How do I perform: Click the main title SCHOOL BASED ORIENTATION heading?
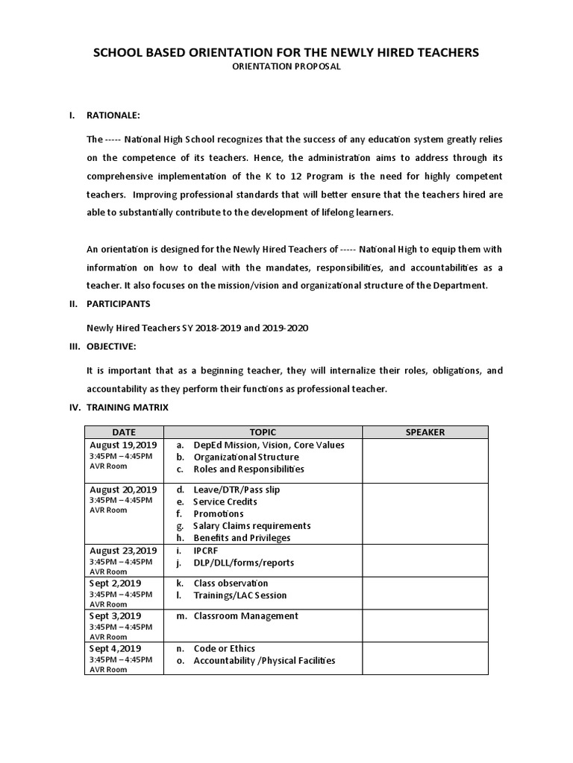(x=285, y=52)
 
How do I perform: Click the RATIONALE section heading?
(x=113, y=115)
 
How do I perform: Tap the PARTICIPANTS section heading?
(x=119, y=304)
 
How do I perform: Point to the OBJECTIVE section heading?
(x=112, y=346)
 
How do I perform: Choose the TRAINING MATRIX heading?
(x=128, y=408)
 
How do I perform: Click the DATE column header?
(x=124, y=432)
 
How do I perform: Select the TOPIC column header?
(x=263, y=432)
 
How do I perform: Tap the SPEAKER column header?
(x=425, y=432)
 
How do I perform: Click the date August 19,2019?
(x=122, y=445)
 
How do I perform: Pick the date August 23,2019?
(x=122, y=551)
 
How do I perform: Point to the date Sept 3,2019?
(x=115, y=616)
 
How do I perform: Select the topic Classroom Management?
(x=245, y=616)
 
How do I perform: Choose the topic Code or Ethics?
(x=224, y=649)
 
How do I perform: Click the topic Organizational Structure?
(x=245, y=458)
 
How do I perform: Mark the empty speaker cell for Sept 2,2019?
(x=425, y=593)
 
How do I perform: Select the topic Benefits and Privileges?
(x=242, y=538)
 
